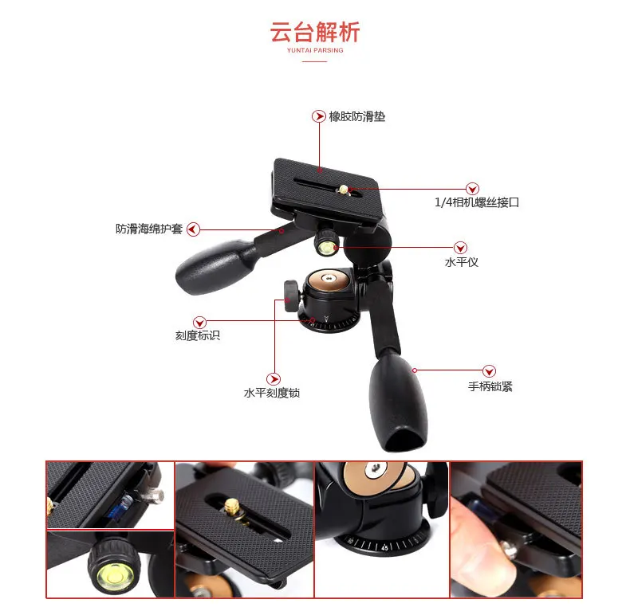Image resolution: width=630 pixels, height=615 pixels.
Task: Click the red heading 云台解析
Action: coord(314,32)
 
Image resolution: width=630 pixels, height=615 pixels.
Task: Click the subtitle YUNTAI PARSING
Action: coord(315,50)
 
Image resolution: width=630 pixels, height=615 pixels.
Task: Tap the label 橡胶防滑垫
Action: coord(356,116)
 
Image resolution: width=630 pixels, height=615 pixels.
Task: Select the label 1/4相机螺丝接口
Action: coord(477,202)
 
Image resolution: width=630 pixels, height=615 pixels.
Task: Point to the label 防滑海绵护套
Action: coord(149,229)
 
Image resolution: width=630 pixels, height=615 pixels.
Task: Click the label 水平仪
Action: coord(461,262)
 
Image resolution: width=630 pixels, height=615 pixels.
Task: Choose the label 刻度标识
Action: coord(197,335)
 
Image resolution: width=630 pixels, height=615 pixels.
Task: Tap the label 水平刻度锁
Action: coord(272,393)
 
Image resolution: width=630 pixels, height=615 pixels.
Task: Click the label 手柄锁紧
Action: coord(490,386)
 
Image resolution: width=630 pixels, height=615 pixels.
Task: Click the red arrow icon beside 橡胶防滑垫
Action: coord(319,116)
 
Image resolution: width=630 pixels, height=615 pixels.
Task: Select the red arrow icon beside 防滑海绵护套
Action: coord(193,229)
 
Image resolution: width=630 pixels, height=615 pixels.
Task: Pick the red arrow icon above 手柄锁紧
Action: coord(489,371)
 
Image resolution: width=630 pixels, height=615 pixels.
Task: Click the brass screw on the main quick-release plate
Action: coord(344,190)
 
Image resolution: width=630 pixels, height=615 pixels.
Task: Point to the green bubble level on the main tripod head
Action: coord(326,247)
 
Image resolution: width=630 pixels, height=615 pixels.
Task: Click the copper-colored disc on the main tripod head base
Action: coord(329,280)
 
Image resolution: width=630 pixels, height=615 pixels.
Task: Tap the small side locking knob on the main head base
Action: coord(291,296)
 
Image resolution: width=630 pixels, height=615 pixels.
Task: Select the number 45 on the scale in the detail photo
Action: coord(385,547)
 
